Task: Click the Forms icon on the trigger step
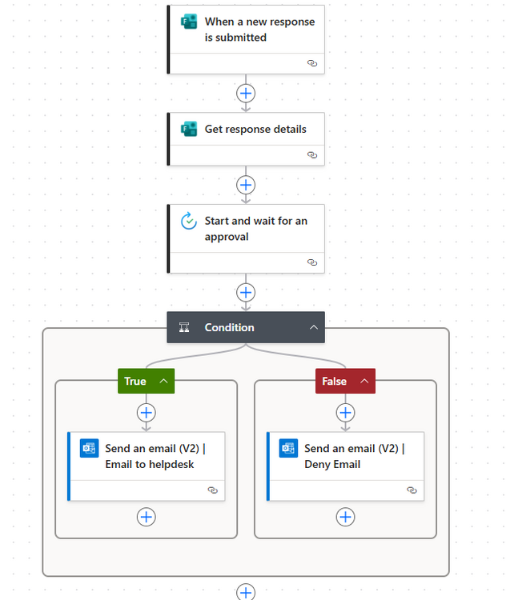[x=189, y=22]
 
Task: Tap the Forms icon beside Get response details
[x=189, y=129]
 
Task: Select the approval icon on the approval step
[x=189, y=221]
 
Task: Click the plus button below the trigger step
[x=246, y=94]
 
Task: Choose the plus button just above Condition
[x=246, y=292]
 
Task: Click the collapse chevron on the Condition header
[x=314, y=327]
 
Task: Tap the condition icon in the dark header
[x=184, y=327]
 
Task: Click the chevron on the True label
[x=163, y=381]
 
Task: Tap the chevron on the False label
[x=364, y=381]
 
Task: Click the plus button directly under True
[x=147, y=413]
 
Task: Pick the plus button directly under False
[x=346, y=413]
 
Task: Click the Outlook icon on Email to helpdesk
[x=89, y=448]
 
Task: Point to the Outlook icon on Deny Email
[x=288, y=448]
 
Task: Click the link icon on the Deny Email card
[x=412, y=490]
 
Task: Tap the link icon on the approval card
[x=312, y=262]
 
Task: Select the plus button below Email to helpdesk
[x=147, y=517]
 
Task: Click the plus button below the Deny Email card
[x=346, y=517]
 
